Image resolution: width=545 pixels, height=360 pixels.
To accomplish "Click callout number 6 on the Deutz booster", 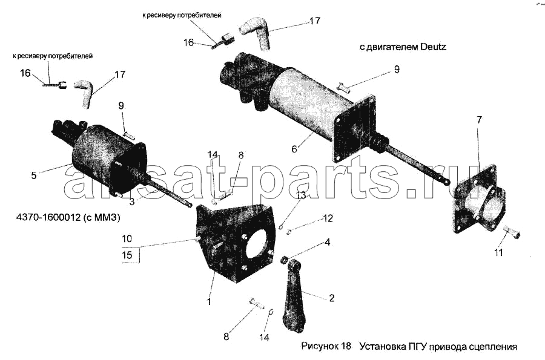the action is tap(294, 149).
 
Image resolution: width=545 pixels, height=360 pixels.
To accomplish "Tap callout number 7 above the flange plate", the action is tap(480, 120).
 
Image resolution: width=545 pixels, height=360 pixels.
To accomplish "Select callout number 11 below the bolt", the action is tap(499, 252).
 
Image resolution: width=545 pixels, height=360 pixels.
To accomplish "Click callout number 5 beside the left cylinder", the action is tap(34, 175).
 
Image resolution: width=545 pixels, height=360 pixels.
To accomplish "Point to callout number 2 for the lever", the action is tap(332, 298).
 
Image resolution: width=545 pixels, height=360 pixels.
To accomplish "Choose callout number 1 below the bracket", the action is tap(209, 302).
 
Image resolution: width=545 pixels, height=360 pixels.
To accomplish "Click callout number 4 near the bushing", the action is tap(327, 242).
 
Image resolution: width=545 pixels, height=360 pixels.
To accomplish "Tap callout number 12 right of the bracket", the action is tap(328, 218).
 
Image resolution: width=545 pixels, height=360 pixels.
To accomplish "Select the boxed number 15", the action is tap(127, 255).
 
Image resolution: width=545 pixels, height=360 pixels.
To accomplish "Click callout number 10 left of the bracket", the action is tap(127, 238).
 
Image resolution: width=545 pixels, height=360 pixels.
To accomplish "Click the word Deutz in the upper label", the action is tap(433, 47).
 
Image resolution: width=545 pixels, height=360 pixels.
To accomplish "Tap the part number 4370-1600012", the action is tap(48, 218).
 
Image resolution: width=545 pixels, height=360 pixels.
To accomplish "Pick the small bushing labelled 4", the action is tap(285, 259).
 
